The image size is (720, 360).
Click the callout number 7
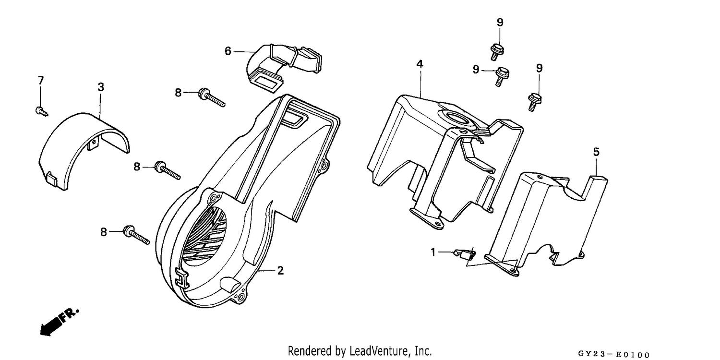tap(41, 80)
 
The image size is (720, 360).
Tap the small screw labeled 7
tap(41, 111)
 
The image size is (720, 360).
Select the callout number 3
tap(101, 87)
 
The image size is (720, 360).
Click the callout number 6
tap(228, 51)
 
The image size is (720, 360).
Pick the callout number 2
tap(280, 271)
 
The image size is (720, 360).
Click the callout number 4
tap(420, 64)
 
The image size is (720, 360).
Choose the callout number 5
tap(596, 152)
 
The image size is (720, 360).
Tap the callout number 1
tap(433, 252)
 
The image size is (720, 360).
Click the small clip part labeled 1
tap(464, 254)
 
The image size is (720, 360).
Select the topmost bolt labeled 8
tap(212, 97)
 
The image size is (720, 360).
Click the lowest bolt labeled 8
tap(136, 235)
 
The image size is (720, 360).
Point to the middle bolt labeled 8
tap(168, 170)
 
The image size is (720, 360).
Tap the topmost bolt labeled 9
tap(496, 52)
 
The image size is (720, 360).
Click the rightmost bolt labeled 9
tap(534, 102)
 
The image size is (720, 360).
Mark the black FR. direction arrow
tap(60, 323)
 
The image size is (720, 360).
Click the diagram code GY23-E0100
tap(614, 354)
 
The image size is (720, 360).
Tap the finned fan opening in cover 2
tap(206, 236)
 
